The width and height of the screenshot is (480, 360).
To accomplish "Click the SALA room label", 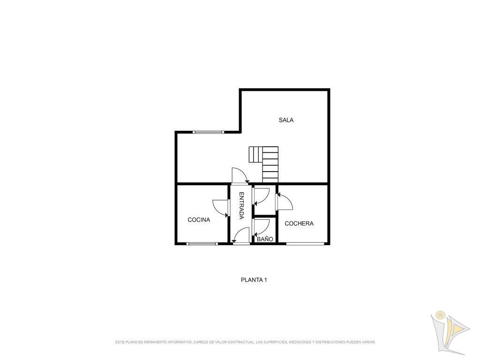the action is [286, 120].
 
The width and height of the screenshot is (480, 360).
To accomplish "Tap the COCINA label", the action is [199, 220].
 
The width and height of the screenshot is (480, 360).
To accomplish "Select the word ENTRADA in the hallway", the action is [241, 205].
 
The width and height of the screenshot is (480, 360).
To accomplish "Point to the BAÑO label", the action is [265, 239].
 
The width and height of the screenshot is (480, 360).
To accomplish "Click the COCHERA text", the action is [299, 224].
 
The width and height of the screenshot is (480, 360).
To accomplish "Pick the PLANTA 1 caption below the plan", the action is [254, 280].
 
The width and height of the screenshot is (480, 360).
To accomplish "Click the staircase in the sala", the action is [264, 164].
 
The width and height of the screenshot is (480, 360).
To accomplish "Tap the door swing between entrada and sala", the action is [240, 175].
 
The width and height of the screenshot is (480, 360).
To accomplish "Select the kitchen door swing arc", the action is [220, 208].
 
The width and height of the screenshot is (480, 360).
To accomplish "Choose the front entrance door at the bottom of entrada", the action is [241, 236].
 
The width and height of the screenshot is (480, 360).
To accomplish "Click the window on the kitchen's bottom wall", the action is [202, 244].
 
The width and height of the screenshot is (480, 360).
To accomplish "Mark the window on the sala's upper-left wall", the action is [209, 132].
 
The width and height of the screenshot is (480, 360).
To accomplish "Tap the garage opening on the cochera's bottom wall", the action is [305, 244].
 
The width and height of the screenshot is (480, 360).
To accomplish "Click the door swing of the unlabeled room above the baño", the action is [262, 196].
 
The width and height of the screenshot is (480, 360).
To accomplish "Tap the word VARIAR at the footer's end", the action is [368, 342].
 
